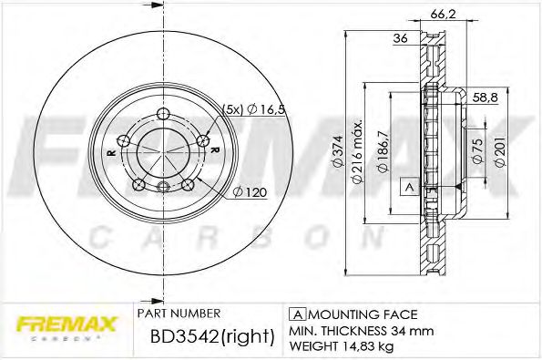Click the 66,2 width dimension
[x=441, y=13]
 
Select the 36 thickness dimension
[x=398, y=39]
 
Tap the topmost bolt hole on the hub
[x=163, y=114]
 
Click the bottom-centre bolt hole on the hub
[x=163, y=188]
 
